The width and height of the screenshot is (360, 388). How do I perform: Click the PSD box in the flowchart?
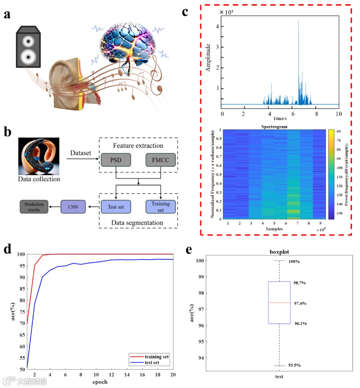pyautogui.click(x=116, y=160)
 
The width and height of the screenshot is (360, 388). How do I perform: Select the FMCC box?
pyautogui.click(x=160, y=160)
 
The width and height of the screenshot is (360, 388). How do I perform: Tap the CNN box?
pyautogui.click(x=73, y=207)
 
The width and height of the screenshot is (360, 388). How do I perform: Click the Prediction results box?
pyautogui.click(x=34, y=207)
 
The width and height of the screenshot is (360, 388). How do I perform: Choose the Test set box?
pyautogui.click(x=116, y=207)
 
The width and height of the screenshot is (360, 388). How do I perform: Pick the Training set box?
pyautogui.click(x=160, y=207)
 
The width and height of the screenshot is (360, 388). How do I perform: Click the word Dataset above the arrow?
pyautogui.click(x=80, y=153)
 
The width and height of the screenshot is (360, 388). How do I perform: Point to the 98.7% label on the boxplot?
pyautogui.click(x=299, y=283)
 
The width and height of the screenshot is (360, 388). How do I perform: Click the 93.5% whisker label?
pyautogui.click(x=294, y=365)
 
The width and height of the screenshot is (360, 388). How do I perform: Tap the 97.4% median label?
pyautogui.click(x=300, y=303)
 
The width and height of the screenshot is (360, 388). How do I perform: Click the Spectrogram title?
pyautogui.click(x=274, y=127)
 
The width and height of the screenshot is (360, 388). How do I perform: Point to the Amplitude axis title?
pyautogui.click(x=208, y=58)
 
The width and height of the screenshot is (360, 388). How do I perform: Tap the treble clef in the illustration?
pyautogui.click(x=155, y=73)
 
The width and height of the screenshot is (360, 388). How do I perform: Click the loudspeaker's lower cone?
pyautogui.click(x=28, y=57)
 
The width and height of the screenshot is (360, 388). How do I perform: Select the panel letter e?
pyautogui.click(x=189, y=250)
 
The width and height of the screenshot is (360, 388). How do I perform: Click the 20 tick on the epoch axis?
pyautogui.click(x=173, y=375)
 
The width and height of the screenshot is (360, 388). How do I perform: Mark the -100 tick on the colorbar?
pyautogui.click(x=339, y=168)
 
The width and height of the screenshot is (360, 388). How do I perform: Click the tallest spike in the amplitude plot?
pyautogui.click(x=298, y=22)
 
